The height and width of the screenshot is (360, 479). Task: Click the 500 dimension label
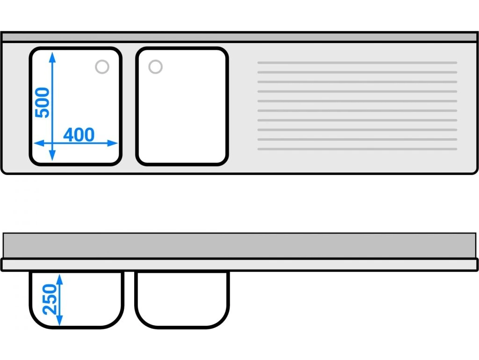43,103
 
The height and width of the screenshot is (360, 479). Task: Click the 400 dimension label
79,135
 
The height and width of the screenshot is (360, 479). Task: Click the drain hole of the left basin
102,67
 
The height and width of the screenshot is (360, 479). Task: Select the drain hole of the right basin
155,67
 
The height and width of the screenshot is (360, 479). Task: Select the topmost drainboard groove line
357,62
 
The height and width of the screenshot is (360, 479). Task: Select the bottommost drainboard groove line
357,149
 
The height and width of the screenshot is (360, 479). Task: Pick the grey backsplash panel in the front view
239,245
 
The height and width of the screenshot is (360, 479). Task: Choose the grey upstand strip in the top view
239,37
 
